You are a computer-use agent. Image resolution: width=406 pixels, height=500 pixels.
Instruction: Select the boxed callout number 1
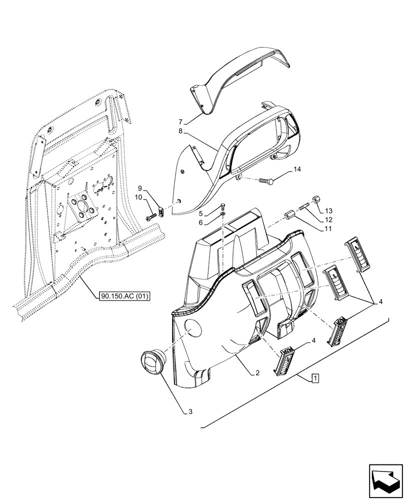pyautogui.click(x=314, y=378)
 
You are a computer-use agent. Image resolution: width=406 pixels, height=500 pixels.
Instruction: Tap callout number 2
pyautogui.click(x=256, y=373)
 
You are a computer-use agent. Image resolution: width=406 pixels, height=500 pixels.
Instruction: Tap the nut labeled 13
pyautogui.click(x=316, y=200)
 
